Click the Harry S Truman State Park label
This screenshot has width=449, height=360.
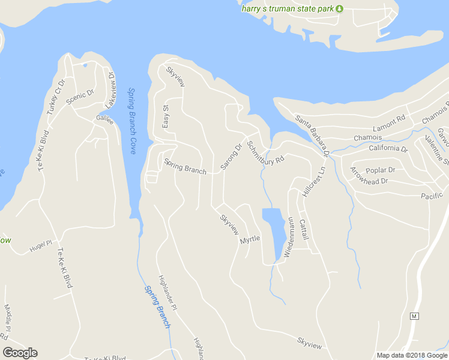click(x=288, y=8)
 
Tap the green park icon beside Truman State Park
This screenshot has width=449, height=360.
click(x=339, y=8)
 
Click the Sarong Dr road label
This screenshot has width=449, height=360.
click(x=231, y=156)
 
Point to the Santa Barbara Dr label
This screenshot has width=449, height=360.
click(x=313, y=135)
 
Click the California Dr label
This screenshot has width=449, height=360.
click(x=388, y=148)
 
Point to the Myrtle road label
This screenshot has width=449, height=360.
click(x=250, y=239)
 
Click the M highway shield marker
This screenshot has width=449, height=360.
click(x=414, y=316)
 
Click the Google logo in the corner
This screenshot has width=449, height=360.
click(x=20, y=353)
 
